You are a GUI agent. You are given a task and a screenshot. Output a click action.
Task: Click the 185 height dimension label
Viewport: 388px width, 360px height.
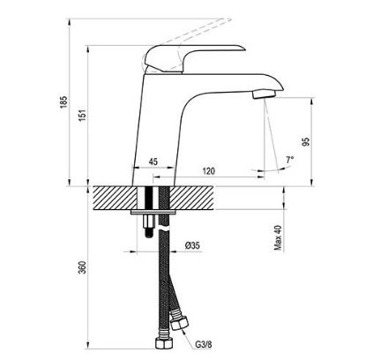[x=63, y=101]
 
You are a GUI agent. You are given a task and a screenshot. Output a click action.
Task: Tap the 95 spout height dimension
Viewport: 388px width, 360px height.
[x=306, y=142]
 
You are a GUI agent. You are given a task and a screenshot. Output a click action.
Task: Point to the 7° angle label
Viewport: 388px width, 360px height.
[x=290, y=161]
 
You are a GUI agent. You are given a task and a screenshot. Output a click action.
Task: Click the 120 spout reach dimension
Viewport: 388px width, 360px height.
[x=209, y=171]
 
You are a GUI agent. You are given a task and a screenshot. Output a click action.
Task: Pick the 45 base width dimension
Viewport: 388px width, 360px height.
[x=153, y=161]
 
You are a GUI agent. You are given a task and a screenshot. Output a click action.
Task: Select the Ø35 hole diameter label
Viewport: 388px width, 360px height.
[x=192, y=245]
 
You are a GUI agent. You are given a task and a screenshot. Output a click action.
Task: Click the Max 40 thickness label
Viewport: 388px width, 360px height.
[x=278, y=237]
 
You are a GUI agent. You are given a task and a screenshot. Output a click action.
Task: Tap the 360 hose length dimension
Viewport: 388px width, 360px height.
[x=83, y=267]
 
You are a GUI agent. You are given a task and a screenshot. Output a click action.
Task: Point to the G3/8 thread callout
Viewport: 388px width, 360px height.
[x=204, y=344]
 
